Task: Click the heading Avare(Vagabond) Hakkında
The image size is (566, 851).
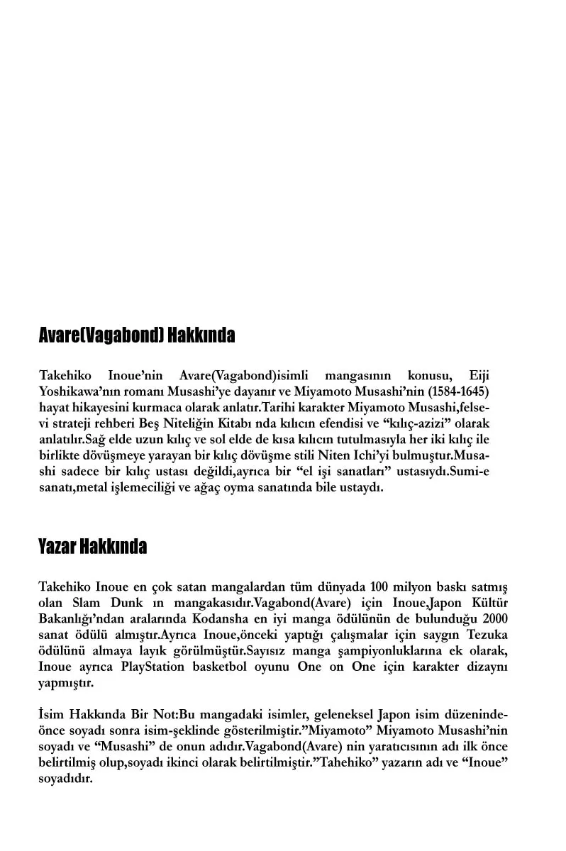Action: [x=136, y=335]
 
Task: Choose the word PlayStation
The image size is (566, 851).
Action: [x=153, y=667]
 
